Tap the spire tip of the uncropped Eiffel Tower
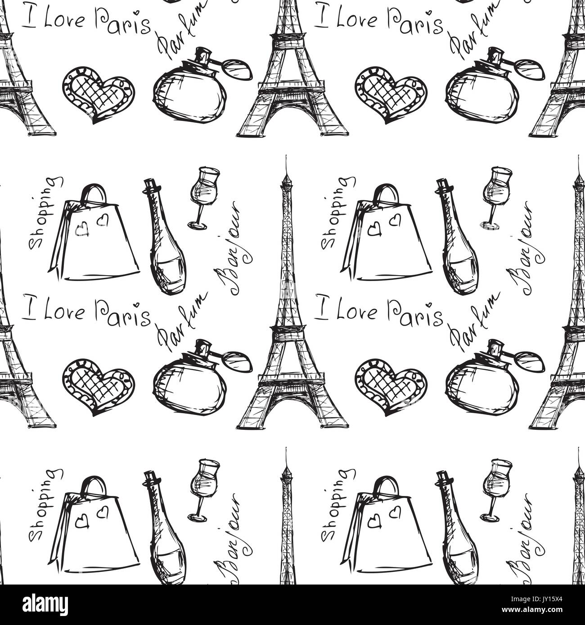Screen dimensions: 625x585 coord(285,155)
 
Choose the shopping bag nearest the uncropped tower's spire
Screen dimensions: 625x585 coord(94,234)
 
